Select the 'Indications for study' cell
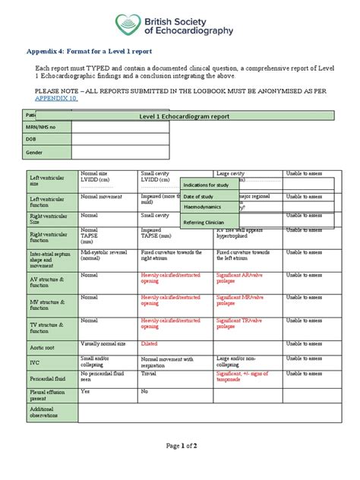pos(207,184)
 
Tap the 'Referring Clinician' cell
pos(205,222)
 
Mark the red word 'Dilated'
pos(151,343)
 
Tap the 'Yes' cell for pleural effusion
pos(85,390)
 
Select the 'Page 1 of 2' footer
pos(179,467)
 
